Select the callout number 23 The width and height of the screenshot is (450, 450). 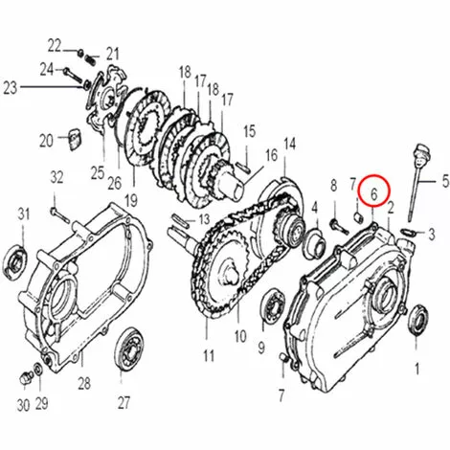point(10,88)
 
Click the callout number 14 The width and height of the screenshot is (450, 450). point(289,144)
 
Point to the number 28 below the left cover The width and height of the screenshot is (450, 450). point(84,384)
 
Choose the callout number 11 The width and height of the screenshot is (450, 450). point(209,355)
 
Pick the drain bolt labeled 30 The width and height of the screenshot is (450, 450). point(26,378)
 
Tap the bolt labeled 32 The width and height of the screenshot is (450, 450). point(60,214)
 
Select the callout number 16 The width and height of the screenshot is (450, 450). point(272,156)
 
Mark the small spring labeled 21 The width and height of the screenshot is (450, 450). point(91,59)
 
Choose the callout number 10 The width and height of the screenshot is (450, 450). point(240,337)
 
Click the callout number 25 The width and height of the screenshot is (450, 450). point(98,173)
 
